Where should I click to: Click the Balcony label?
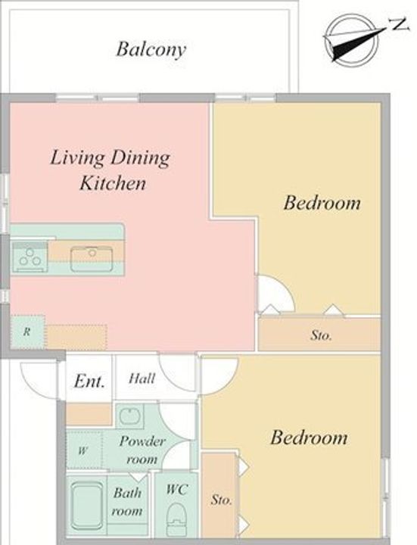(151, 49)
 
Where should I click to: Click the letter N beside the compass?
(398, 25)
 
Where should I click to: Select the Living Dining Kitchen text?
(110, 170)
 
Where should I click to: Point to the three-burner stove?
(30, 257)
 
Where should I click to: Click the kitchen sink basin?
(92, 259)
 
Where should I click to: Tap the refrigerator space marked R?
(27, 332)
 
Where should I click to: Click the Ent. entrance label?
(89, 381)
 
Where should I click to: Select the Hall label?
(142, 378)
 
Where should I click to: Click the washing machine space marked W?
(83, 450)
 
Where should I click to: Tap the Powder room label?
(142, 450)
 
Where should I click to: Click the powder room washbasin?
(129, 416)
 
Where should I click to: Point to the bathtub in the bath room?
(87, 505)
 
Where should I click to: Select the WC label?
(177, 490)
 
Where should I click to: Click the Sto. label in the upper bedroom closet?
(321, 335)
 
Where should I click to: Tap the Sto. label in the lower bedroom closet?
(221, 500)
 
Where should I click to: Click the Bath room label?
(128, 502)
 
